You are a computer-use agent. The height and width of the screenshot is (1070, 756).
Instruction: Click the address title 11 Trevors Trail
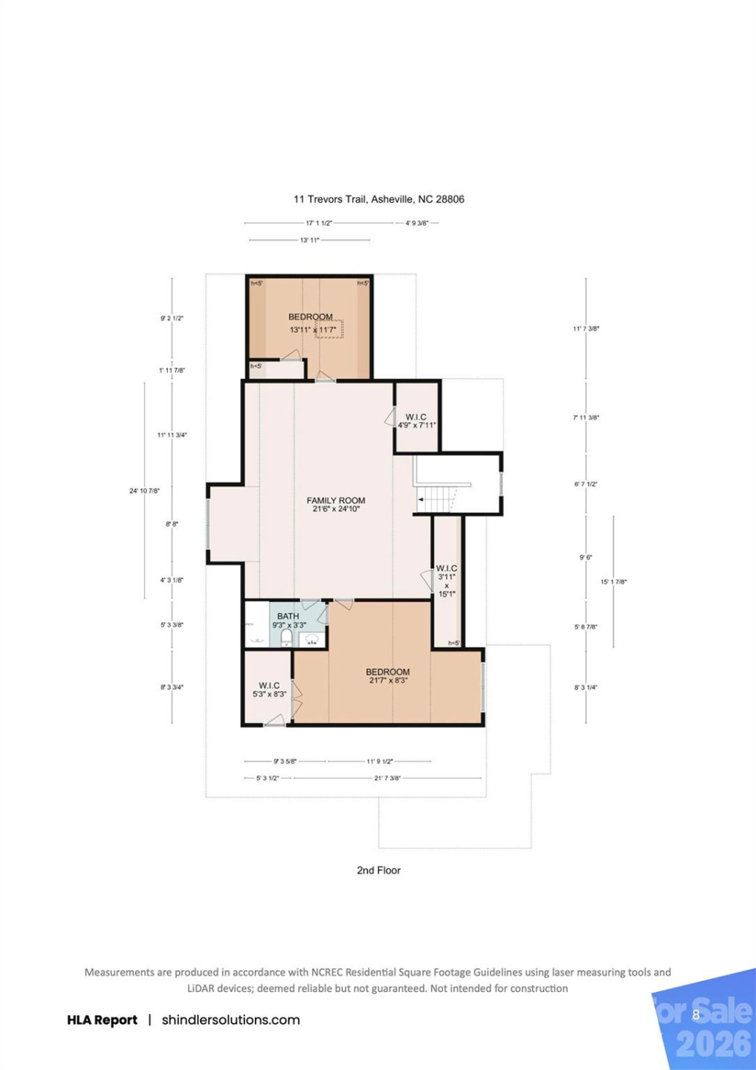(378, 199)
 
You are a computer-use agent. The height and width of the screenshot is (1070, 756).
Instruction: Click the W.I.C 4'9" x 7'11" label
(416, 421)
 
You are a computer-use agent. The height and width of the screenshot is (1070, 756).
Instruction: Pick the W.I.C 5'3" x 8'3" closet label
(269, 690)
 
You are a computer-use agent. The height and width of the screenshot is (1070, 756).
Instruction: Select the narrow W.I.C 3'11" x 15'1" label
(447, 580)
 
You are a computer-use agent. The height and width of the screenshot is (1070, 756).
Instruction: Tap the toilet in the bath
(286, 638)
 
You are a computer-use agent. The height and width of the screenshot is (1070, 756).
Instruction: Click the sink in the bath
(313, 639)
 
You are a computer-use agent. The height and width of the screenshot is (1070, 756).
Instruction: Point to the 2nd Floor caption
(378, 870)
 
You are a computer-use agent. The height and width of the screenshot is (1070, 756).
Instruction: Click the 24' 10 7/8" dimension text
(144, 490)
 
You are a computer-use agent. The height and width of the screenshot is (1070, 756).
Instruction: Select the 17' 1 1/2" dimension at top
(318, 223)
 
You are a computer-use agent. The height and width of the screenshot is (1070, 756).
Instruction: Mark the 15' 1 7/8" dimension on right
(613, 582)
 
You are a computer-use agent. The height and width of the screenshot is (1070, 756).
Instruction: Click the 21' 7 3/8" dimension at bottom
(387, 778)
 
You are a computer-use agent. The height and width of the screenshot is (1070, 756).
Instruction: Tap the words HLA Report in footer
(102, 1020)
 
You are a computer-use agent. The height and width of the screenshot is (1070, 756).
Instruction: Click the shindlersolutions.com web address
(230, 1020)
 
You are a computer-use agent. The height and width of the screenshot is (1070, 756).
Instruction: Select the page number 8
(696, 1014)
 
